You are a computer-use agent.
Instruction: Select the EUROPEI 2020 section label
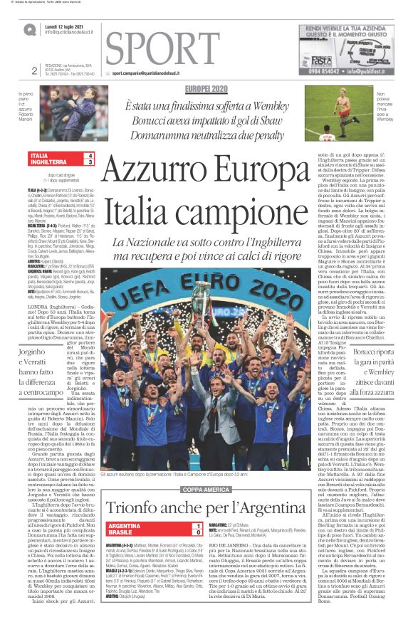coord(205,88)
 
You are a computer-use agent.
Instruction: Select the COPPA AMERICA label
coord(206,490)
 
